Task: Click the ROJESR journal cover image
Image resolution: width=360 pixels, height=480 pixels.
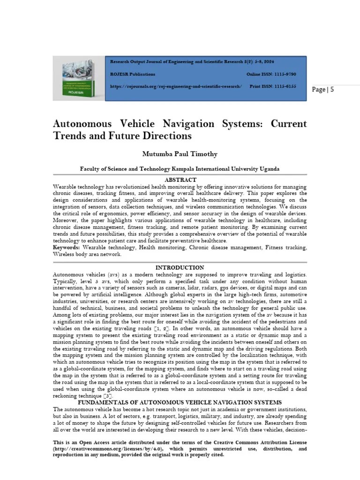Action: pyautogui.click(x=78, y=79)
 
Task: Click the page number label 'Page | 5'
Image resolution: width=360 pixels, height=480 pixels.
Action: pyautogui.click(x=323, y=90)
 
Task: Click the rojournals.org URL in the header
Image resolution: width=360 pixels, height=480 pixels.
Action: pyautogui.click(x=176, y=87)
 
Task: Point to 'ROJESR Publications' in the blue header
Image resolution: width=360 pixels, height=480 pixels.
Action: pyautogui.click(x=133, y=75)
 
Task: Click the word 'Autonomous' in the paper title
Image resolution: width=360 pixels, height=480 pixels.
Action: pyautogui.click(x=82, y=124)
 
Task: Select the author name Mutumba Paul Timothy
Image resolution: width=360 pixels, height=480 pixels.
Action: pyautogui.click(x=180, y=154)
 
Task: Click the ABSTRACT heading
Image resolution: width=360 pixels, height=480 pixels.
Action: pyautogui.click(x=180, y=180)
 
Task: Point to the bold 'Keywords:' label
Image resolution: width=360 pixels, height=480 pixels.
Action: pyautogui.click(x=66, y=247)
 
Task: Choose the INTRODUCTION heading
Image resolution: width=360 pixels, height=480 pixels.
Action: pyautogui.click(x=180, y=268)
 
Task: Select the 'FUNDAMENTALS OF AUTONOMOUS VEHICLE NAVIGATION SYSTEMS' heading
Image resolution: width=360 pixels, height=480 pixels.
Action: pyautogui.click(x=180, y=403)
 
